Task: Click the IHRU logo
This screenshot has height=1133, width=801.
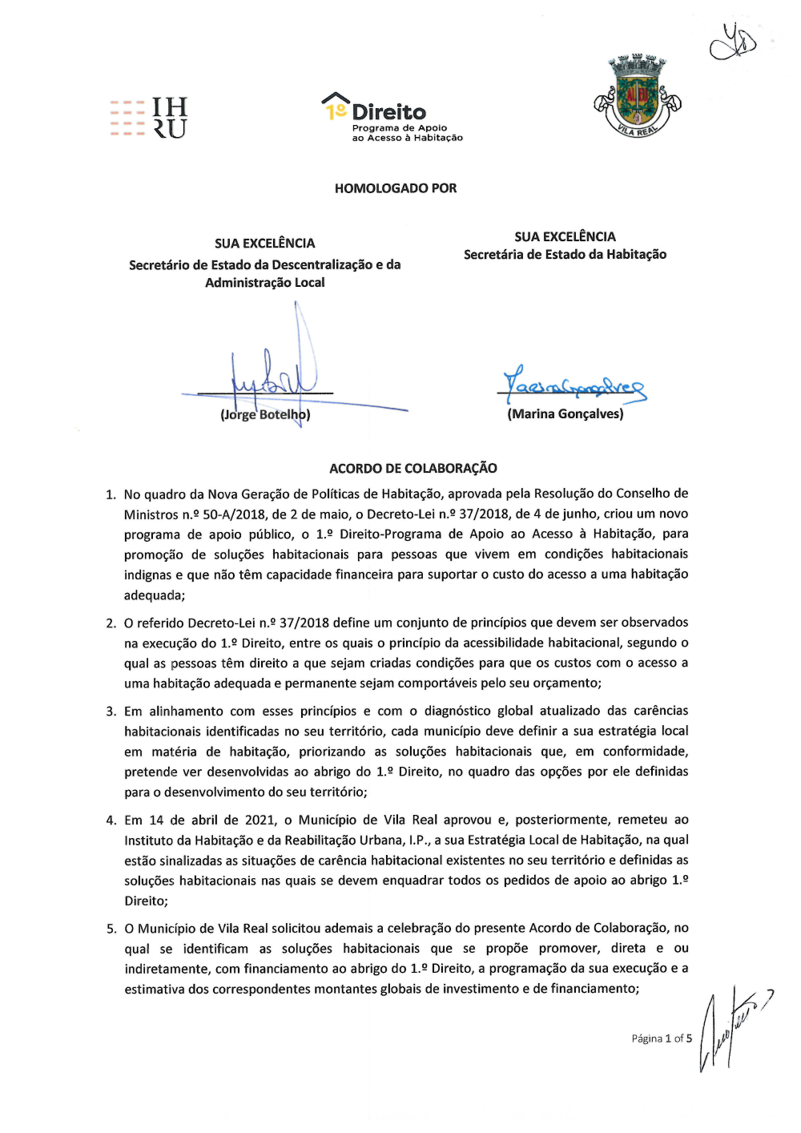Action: (149, 118)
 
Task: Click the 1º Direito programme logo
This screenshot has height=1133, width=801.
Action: (392, 117)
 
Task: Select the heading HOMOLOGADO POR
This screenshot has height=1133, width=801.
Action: (396, 188)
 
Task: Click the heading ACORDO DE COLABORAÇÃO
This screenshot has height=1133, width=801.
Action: (413, 468)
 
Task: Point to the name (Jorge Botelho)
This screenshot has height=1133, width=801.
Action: (265, 414)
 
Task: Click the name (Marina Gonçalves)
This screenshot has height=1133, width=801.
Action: (565, 413)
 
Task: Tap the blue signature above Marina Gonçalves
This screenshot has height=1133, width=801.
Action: (573, 386)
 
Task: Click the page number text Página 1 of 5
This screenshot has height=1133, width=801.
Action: (662, 1038)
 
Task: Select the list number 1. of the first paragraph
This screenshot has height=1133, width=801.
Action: (111, 494)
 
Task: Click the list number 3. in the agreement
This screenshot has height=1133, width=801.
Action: (111, 712)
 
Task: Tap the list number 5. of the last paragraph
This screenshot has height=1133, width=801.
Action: (111, 929)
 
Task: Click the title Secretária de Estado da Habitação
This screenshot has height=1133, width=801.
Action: (565, 254)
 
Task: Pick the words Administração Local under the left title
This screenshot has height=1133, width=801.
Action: (265, 282)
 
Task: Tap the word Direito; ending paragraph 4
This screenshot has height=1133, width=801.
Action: (146, 901)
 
